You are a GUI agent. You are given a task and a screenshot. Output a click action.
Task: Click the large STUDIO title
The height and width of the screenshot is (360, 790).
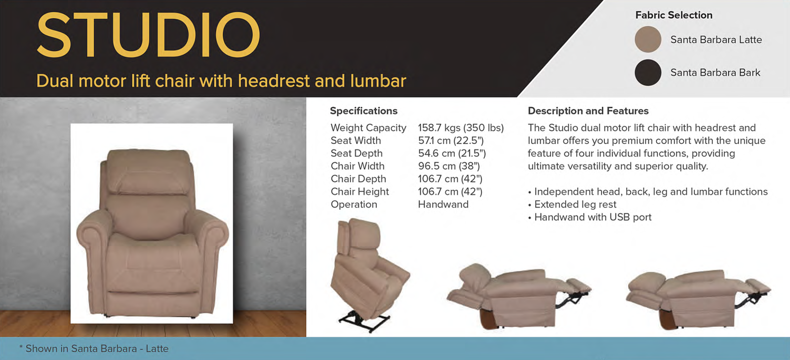point(149,35)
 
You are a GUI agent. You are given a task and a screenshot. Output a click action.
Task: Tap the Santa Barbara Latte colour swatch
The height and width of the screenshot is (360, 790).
point(648,40)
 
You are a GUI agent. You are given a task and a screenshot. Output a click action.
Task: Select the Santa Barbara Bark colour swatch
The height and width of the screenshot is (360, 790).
point(648,73)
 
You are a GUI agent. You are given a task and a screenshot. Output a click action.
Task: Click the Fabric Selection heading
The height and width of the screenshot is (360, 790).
point(673,15)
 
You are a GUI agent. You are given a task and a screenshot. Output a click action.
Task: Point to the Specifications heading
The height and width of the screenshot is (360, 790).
point(363,111)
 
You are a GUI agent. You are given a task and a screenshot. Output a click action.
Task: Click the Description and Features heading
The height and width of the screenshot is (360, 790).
point(588,111)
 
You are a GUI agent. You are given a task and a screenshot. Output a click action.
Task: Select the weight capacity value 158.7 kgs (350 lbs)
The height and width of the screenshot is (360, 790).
point(461,127)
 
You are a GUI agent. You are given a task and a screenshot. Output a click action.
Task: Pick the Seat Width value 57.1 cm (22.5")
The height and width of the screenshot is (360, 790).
point(451,140)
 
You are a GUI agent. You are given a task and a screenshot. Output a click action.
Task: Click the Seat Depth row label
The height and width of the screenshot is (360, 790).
point(356,154)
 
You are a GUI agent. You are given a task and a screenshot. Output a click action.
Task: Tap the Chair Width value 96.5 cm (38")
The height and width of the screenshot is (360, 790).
point(449,166)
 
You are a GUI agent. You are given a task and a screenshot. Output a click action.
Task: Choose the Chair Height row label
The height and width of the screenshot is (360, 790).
point(360,192)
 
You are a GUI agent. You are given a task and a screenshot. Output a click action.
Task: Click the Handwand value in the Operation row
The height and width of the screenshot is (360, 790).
point(443,204)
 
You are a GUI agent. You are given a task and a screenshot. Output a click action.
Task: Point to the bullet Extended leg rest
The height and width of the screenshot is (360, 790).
point(572,204)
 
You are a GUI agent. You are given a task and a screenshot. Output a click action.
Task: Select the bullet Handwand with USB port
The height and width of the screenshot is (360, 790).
point(590,217)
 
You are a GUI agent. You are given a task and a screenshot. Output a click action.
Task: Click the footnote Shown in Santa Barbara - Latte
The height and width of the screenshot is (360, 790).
point(94,349)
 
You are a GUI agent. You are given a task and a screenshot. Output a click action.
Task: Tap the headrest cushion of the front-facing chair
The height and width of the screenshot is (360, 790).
point(149,171)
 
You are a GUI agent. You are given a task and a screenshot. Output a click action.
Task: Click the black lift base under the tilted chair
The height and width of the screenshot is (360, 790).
point(364,321)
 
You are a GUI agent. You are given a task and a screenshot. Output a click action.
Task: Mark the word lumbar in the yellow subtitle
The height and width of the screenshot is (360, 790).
point(378,81)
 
